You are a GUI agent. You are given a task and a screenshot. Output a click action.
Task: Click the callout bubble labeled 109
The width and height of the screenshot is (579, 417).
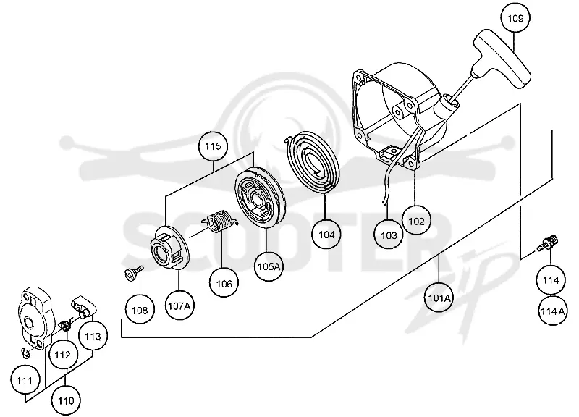pyautogui.click(x=515, y=17)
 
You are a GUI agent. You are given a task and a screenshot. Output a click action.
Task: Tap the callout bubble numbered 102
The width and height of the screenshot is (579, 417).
pyautogui.click(x=416, y=221)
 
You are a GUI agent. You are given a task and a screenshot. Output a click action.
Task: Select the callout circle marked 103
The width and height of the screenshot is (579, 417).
pyautogui.click(x=389, y=235)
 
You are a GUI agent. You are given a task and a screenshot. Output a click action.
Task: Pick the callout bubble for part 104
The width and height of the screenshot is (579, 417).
pyautogui.click(x=326, y=234)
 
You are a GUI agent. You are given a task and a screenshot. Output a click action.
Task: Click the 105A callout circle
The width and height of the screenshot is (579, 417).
pyautogui.click(x=269, y=266)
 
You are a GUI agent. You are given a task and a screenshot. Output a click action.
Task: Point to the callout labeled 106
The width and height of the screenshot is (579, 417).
pyautogui.click(x=224, y=283)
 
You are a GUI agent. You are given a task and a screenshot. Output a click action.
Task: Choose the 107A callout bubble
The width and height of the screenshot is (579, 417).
pyautogui.click(x=179, y=306)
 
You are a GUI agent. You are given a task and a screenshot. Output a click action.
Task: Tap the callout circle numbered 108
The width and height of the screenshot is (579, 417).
pyautogui.click(x=140, y=310)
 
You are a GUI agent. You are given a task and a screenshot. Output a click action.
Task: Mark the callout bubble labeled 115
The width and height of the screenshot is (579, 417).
pyautogui.click(x=213, y=146)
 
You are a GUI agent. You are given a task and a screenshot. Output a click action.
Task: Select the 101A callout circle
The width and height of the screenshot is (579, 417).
pyautogui.click(x=439, y=298)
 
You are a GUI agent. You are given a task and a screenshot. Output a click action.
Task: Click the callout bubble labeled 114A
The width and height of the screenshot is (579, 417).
pyautogui.click(x=552, y=311)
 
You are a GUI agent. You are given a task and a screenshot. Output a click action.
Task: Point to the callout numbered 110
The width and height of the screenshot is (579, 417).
pyautogui.click(x=66, y=400)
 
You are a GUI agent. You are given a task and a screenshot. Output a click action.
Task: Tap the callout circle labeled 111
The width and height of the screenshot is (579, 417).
pyautogui.click(x=25, y=380)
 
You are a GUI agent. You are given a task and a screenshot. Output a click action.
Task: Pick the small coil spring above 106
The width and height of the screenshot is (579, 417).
pyautogui.click(x=219, y=221)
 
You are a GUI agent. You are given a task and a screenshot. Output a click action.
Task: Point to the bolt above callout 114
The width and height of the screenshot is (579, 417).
pyautogui.click(x=548, y=244)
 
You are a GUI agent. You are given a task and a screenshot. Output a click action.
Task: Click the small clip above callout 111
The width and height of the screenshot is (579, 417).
pyautogui.click(x=25, y=353)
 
